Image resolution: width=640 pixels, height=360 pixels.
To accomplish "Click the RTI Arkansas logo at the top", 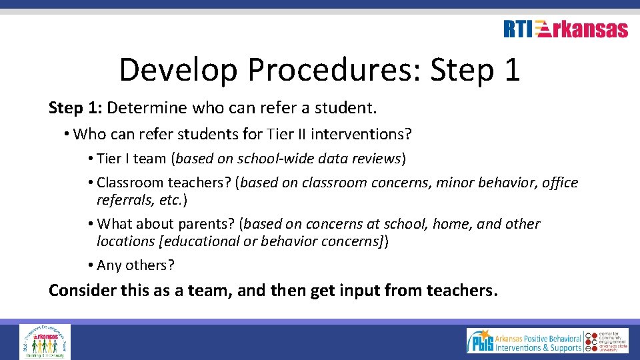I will tap(565, 29).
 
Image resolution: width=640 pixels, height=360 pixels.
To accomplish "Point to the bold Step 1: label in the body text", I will tap(75, 107).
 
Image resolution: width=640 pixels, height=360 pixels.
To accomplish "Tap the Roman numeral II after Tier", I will tap(299, 135).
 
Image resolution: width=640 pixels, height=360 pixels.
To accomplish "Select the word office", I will tap(560, 183).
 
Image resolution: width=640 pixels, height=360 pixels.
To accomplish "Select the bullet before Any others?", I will tap(90, 265).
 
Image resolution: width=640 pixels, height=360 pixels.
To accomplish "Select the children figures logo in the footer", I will tap(45, 341).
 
